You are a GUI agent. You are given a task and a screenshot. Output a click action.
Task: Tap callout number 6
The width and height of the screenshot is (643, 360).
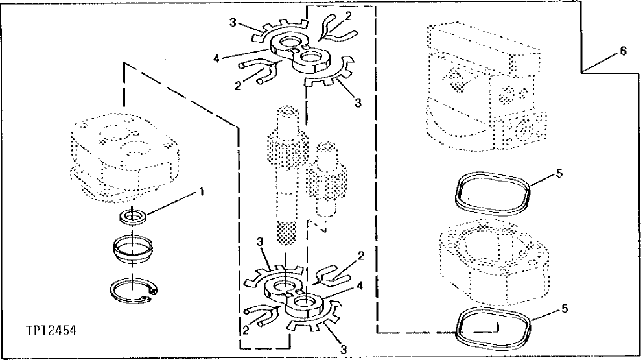623,52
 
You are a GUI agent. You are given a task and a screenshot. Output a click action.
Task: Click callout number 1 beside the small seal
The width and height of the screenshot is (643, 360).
202,191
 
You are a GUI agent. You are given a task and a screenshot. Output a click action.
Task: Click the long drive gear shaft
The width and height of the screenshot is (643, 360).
283,175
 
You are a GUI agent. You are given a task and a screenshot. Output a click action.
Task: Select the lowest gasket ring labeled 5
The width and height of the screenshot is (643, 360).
493,329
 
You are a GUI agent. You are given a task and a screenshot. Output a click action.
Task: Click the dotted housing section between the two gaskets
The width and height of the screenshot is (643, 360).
493,259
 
